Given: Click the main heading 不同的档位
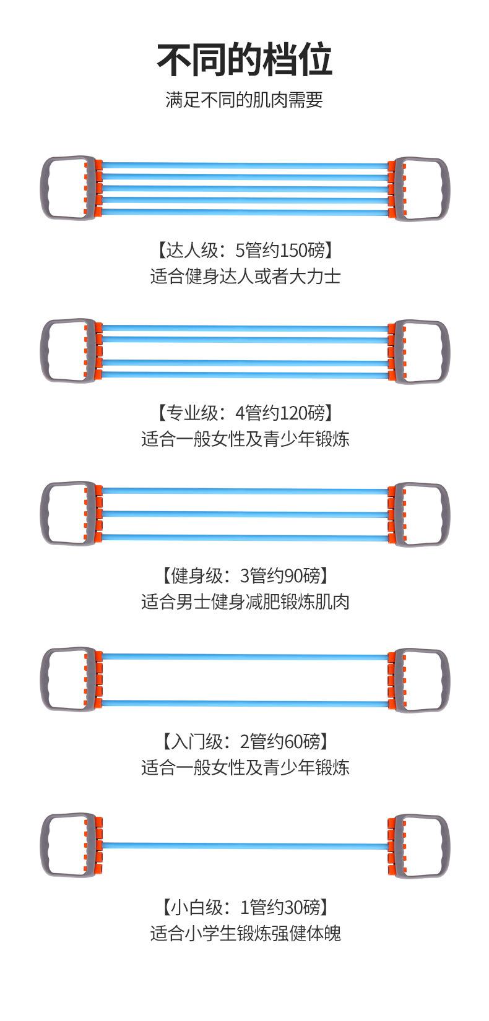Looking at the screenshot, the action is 244,60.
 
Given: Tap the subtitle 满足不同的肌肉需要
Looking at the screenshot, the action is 244,100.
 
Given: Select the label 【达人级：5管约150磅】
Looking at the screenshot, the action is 244,251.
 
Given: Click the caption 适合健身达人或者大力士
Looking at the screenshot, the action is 244,276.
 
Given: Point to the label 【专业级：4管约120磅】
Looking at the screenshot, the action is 244,412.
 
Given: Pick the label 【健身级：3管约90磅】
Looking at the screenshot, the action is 244,576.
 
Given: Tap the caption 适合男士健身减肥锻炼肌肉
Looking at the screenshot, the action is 244,601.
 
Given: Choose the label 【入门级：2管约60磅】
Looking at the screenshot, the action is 244,741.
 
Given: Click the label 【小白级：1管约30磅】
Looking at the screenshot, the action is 244,908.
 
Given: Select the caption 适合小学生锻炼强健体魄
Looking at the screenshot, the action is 244,933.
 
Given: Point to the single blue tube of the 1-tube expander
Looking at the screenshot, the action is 244,845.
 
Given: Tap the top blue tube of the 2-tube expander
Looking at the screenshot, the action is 244,657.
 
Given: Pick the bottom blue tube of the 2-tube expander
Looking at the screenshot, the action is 244,703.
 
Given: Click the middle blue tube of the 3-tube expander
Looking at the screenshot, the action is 244,514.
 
